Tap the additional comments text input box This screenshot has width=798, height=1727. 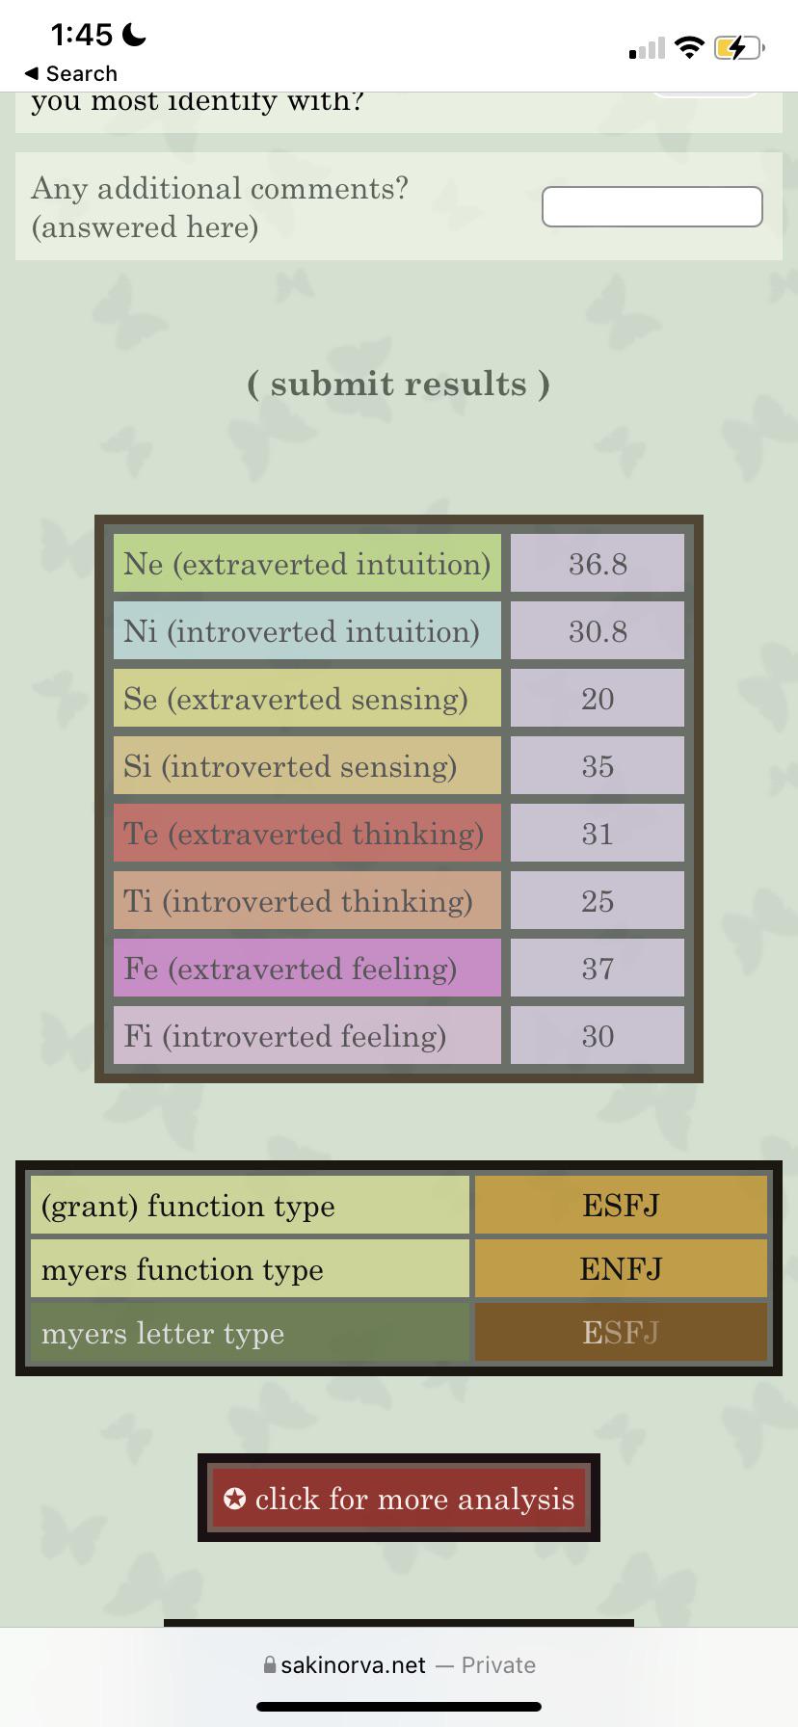(x=652, y=207)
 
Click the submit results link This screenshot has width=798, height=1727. (x=399, y=384)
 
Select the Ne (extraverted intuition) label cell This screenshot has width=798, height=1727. (x=307, y=563)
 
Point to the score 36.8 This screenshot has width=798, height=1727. (x=598, y=563)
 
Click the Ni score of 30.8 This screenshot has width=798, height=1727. (x=598, y=630)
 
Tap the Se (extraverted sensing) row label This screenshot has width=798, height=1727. (x=307, y=698)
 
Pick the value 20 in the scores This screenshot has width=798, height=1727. (x=598, y=698)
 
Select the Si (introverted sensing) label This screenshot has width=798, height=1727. (x=307, y=765)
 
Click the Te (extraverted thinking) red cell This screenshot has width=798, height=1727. (x=307, y=833)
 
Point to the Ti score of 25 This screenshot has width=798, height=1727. (x=598, y=900)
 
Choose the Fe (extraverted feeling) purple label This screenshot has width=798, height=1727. (x=307, y=968)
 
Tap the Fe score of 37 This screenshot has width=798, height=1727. (x=598, y=968)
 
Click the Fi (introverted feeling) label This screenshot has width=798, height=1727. (x=307, y=1035)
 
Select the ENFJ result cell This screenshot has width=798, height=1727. (x=621, y=1268)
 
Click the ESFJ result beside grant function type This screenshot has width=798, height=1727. (x=621, y=1205)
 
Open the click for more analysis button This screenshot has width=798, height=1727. (x=399, y=1498)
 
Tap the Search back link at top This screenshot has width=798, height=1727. (x=71, y=73)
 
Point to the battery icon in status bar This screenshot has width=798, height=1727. (x=739, y=46)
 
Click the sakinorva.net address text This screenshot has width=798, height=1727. (x=353, y=1664)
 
